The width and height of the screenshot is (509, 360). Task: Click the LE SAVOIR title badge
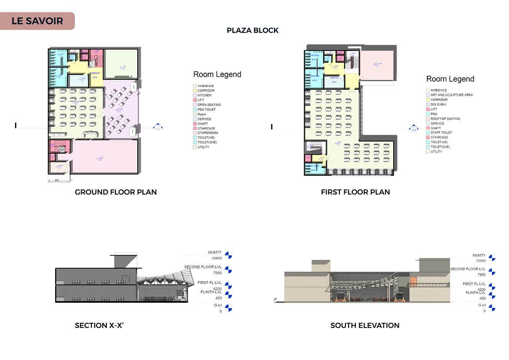37,21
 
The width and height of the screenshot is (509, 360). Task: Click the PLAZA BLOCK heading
253,30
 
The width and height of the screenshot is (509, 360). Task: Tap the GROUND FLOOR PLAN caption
115,192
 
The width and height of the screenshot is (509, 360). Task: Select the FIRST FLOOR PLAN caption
355,192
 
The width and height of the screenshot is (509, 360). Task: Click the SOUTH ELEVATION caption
365,325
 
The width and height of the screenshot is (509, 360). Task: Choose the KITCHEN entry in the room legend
204,95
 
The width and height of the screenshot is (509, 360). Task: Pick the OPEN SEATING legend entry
209,105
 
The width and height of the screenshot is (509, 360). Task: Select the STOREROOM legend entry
207,133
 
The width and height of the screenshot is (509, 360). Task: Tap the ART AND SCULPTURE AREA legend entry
451,95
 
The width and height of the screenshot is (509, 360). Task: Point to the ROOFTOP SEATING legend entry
445,118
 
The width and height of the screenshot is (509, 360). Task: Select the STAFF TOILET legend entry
441,133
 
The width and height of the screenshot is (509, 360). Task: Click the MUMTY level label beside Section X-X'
215,252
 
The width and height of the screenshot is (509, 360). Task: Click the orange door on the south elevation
413,282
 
